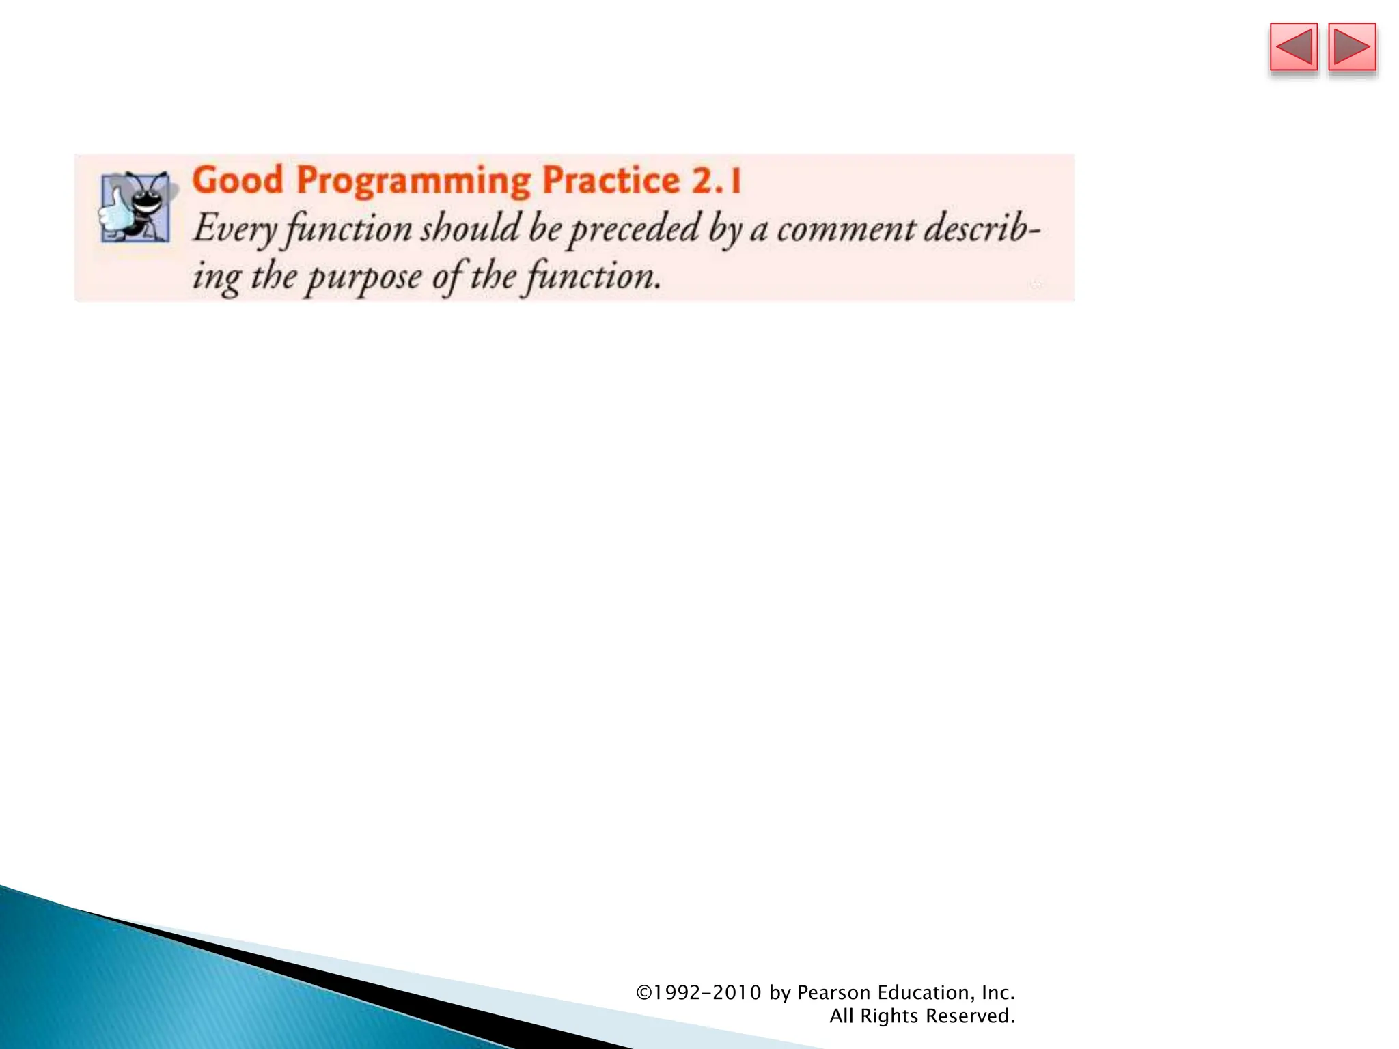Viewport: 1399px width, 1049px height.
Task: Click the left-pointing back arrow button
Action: (x=1293, y=47)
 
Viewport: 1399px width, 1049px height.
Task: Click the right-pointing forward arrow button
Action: (x=1352, y=47)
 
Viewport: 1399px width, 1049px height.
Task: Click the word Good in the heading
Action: (x=238, y=180)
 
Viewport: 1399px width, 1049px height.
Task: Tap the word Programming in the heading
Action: (x=413, y=182)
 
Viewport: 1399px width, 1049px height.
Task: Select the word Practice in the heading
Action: (x=611, y=180)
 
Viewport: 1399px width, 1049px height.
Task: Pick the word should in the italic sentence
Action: (x=470, y=228)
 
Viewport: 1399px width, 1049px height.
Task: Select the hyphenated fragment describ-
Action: (x=982, y=228)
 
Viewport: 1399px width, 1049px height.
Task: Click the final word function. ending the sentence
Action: (x=593, y=278)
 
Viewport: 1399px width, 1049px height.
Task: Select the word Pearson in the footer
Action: (x=833, y=992)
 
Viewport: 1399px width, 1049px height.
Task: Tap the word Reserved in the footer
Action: (x=969, y=1016)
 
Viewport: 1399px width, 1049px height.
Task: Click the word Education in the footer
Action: (x=926, y=992)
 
